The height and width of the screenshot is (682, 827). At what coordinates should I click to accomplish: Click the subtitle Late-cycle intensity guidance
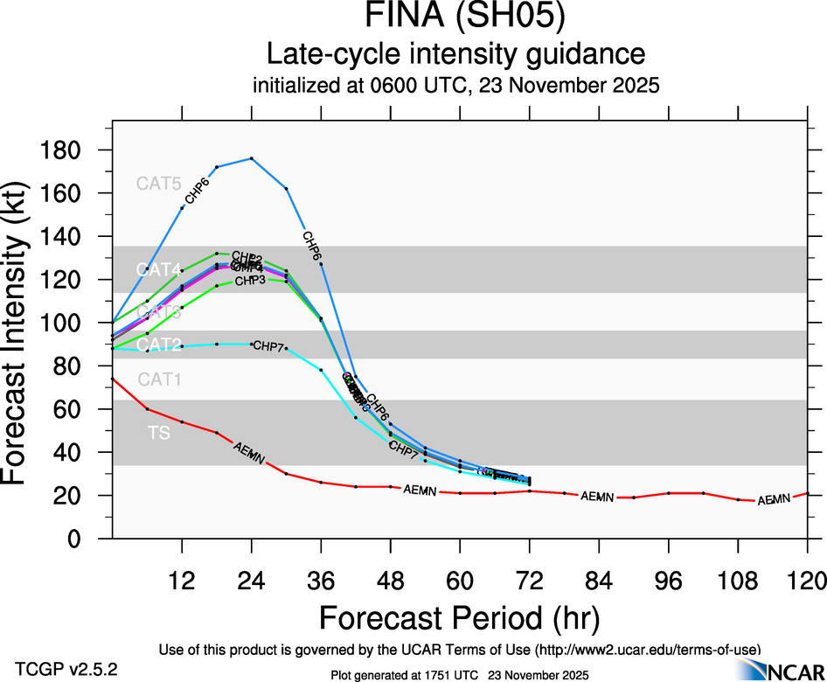(455, 54)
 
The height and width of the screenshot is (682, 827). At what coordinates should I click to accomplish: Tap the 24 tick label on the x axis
(252, 580)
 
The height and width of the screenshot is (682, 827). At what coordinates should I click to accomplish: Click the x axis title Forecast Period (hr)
(459, 617)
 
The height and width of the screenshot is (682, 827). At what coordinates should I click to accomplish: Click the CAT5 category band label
(158, 184)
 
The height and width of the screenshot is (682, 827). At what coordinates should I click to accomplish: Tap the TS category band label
(158, 432)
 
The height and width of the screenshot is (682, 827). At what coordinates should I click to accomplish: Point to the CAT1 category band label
(158, 379)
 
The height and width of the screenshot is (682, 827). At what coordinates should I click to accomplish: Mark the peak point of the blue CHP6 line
(252, 158)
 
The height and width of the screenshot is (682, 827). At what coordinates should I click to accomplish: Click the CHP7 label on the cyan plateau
(268, 347)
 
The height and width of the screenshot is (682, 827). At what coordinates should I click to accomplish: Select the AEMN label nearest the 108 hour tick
(774, 500)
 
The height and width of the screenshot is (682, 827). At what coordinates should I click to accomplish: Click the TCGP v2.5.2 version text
(66, 670)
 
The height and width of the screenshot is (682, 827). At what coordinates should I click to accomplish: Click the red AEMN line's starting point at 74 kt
(113, 379)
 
